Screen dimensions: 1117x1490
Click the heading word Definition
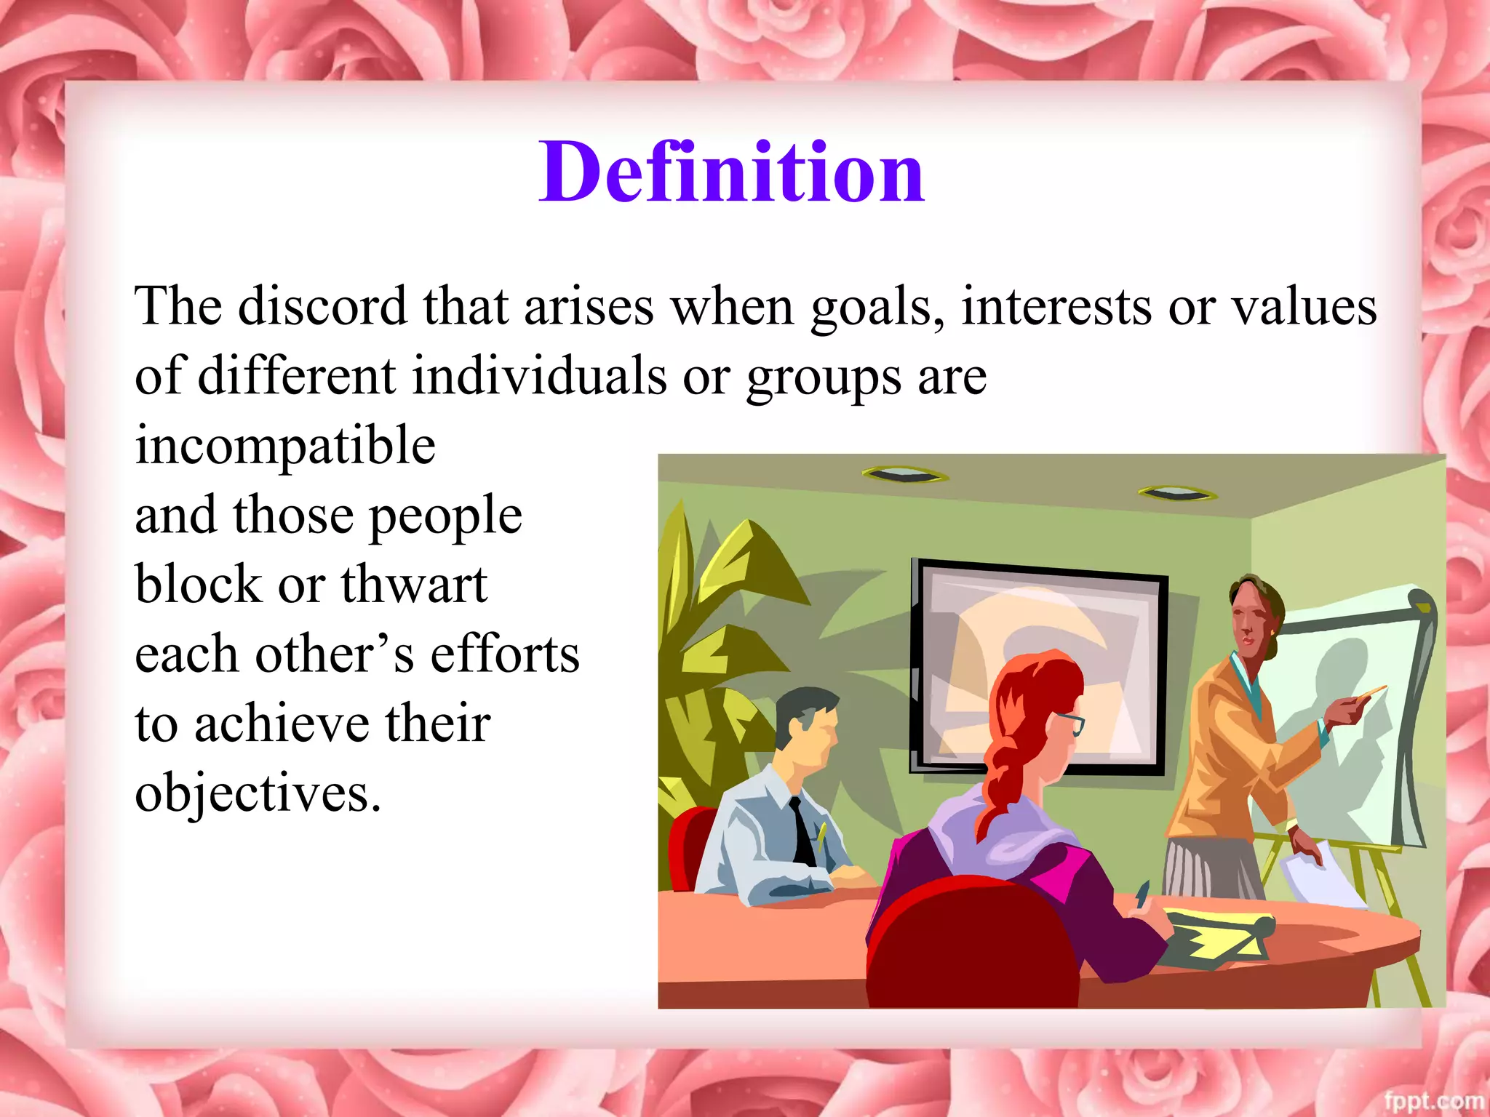pos(731,173)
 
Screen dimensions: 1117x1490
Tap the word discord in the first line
pos(322,306)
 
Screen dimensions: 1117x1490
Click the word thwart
pos(414,585)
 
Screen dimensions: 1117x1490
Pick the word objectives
pos(258,794)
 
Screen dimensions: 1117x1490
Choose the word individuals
pos(539,377)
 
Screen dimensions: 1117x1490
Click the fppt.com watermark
pos(1433,1101)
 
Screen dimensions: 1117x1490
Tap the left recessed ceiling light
pos(904,475)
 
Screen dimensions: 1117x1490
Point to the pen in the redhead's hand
pos(1141,894)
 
